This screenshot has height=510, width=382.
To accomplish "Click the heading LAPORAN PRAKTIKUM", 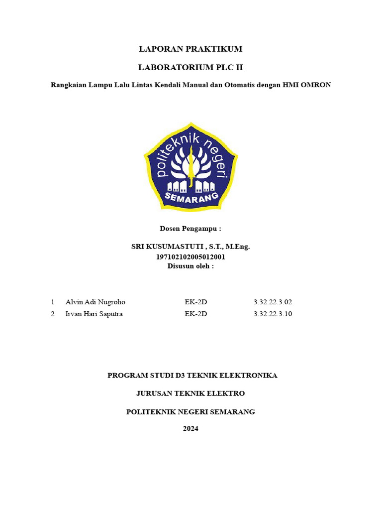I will pyautogui.click(x=191, y=49).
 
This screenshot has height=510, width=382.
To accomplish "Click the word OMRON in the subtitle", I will pyautogui.click(x=315, y=85).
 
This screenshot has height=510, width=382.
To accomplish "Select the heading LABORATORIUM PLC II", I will pyautogui.click(x=191, y=67).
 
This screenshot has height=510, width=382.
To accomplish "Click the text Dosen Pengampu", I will pyautogui.click(x=190, y=229).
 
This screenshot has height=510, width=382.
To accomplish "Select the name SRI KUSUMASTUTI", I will pyautogui.click(x=167, y=247).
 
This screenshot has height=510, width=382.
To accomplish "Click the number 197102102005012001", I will pyautogui.click(x=191, y=257).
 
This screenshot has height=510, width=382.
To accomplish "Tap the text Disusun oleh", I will pyautogui.click(x=191, y=266).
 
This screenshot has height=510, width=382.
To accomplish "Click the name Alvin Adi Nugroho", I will pyautogui.click(x=95, y=302).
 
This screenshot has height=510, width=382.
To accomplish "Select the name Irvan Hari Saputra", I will pyautogui.click(x=94, y=314).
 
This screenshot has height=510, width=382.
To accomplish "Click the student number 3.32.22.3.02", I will pyautogui.click(x=273, y=302).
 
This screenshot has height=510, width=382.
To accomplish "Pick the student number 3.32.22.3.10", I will pyautogui.click(x=273, y=314).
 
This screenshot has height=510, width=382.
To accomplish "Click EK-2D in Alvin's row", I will pyautogui.click(x=195, y=302).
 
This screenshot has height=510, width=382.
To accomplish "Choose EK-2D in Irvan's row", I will pyautogui.click(x=195, y=314).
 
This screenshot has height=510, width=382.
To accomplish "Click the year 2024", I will pyautogui.click(x=191, y=428).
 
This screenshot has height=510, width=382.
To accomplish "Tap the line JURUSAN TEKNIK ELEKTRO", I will pyautogui.click(x=191, y=393).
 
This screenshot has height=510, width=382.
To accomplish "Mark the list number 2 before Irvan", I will pyautogui.click(x=52, y=314).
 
